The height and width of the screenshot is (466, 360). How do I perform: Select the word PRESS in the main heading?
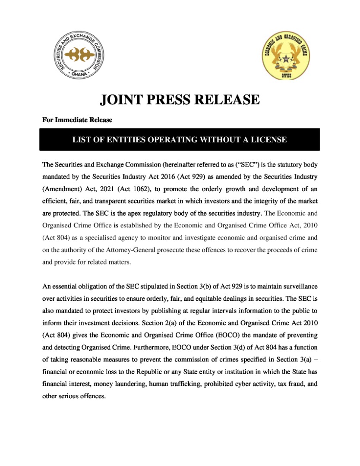(x=172, y=100)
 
